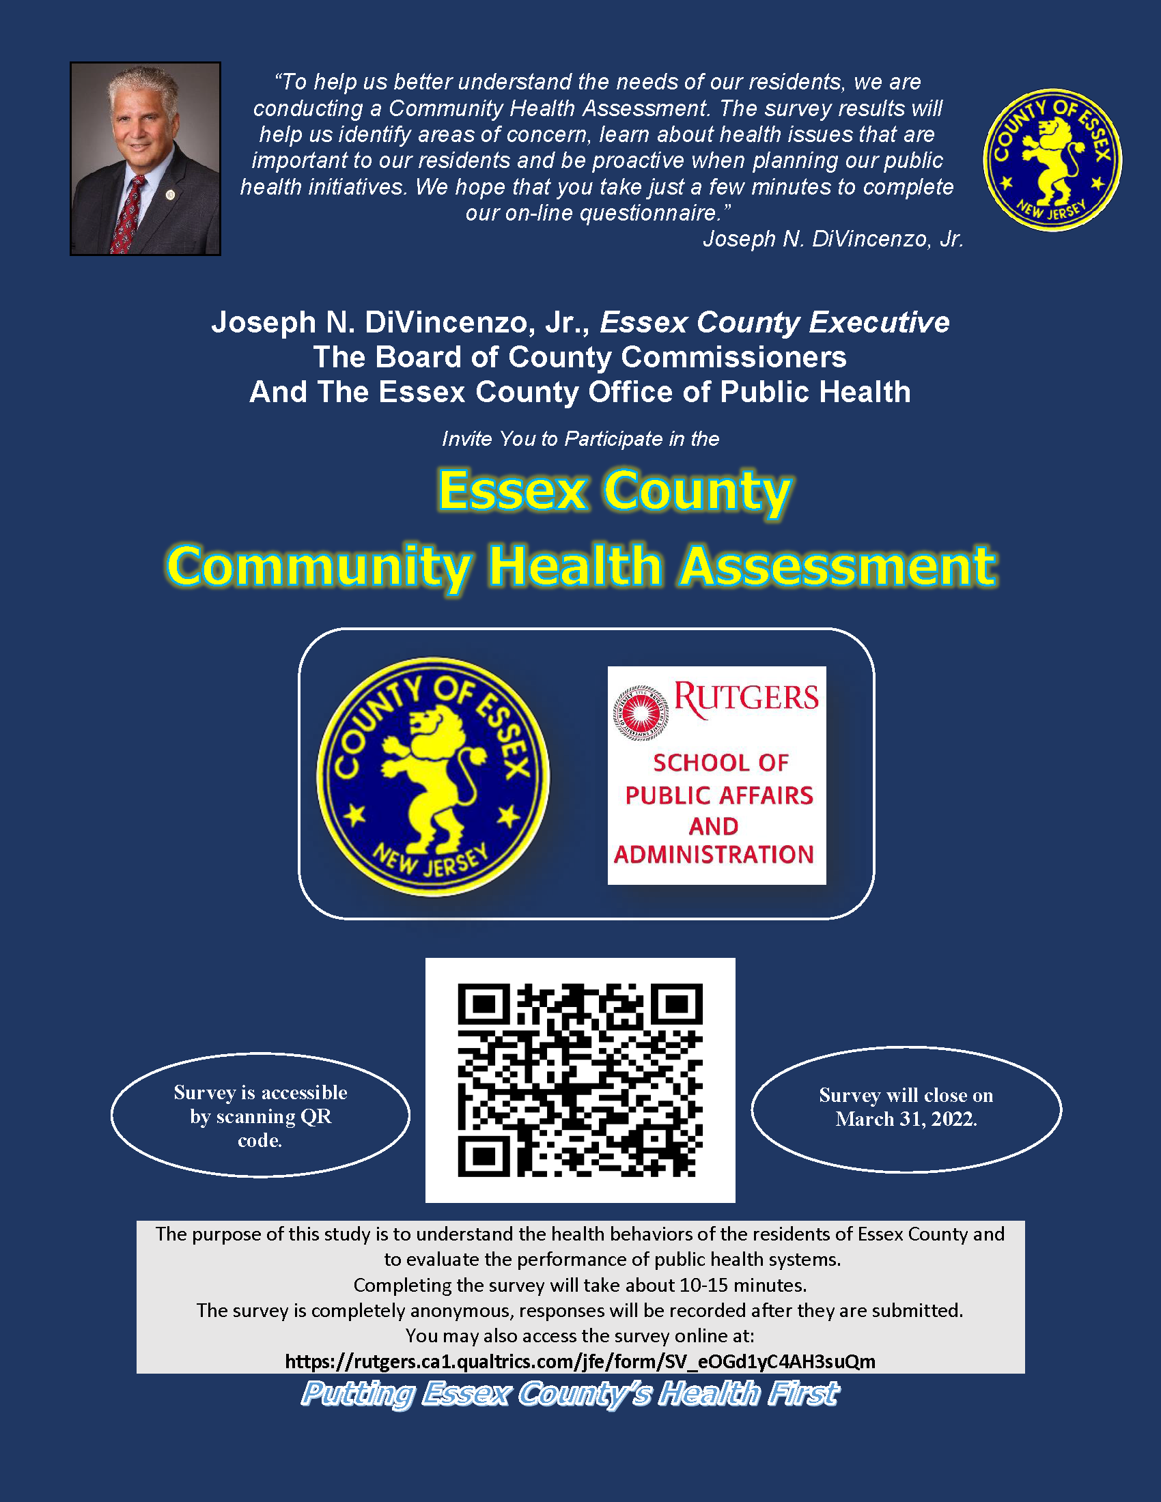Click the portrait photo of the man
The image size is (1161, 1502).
145,159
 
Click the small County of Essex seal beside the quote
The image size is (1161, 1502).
1052,160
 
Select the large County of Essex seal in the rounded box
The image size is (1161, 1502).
432,776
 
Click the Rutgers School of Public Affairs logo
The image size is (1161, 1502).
716,775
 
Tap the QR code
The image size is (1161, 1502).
580,1080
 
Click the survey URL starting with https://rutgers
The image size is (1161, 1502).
580,1362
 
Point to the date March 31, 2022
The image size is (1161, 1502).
906,1119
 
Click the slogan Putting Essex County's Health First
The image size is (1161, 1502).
570,1394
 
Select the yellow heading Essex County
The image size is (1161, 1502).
614,490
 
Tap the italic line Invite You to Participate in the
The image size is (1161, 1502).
580,439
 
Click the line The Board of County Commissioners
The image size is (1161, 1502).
580,357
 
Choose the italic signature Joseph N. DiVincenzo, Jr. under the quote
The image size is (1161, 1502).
833,239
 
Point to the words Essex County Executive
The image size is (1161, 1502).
774,322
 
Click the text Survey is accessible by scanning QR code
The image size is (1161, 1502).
260,1116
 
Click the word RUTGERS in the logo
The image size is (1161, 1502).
746,698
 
